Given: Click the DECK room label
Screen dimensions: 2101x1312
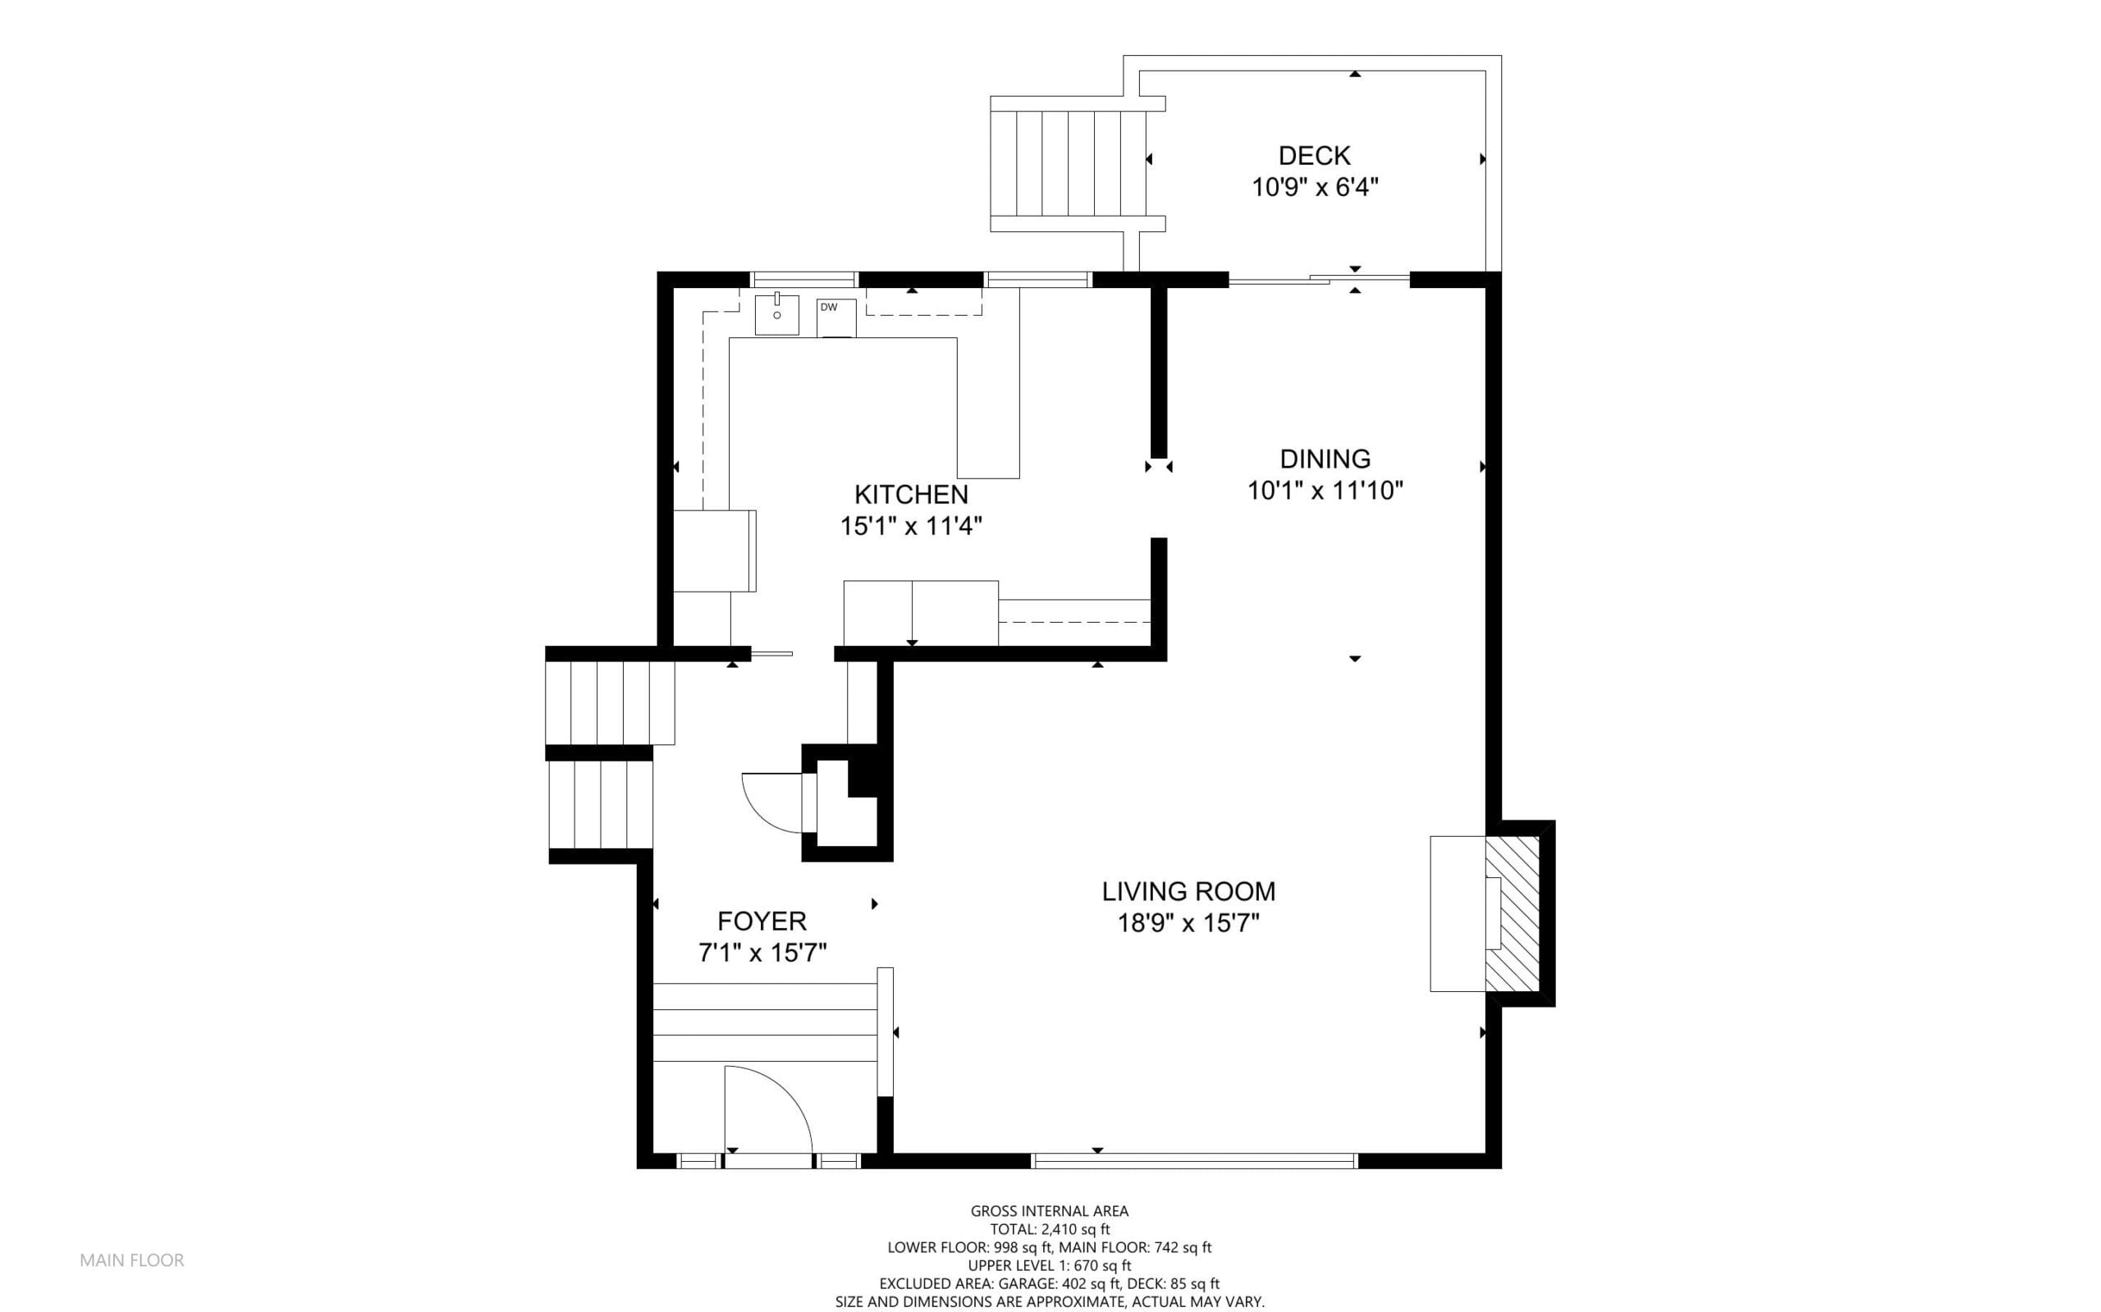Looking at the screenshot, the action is [x=1314, y=156].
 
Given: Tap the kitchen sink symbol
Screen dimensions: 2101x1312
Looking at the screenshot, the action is [x=776, y=314].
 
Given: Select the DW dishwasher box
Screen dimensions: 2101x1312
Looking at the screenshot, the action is [x=835, y=318].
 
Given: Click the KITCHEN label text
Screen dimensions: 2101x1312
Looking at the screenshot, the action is [x=911, y=495].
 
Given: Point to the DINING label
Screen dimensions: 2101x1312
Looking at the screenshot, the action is [x=1325, y=459].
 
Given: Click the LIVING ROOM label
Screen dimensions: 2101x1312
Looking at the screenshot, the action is [x=1188, y=891].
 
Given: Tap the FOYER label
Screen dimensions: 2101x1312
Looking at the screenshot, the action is [x=762, y=921].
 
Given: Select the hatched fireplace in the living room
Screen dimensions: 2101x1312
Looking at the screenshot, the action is [x=1513, y=913].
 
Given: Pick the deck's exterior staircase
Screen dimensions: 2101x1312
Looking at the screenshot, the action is [x=1077, y=164].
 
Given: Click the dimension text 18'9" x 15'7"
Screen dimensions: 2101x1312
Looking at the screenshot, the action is [x=1188, y=923].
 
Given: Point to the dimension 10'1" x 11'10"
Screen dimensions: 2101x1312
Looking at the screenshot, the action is [x=1325, y=491].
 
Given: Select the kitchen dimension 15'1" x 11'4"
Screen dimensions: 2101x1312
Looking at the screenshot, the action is [x=911, y=527].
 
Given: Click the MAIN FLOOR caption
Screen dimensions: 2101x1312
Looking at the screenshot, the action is [x=132, y=1260].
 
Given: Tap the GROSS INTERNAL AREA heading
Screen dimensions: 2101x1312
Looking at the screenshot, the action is [x=1049, y=1210].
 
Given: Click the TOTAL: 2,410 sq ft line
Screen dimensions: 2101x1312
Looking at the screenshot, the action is [x=1050, y=1228].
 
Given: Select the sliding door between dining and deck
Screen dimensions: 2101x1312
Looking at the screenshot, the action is [x=1319, y=278].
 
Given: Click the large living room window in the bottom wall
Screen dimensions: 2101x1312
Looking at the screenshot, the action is [x=1194, y=1161].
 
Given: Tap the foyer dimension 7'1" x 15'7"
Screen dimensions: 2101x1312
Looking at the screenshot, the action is [x=762, y=953].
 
